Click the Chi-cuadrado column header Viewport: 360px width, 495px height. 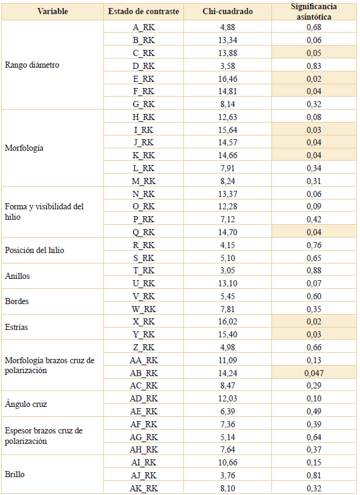(228, 11)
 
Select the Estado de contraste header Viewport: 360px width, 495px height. (143, 11)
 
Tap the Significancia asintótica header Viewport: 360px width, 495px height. (314, 11)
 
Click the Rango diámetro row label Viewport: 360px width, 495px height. (32, 65)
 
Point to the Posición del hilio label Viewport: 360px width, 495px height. (34, 250)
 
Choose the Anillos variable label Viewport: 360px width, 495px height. (17, 276)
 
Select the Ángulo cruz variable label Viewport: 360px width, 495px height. (26, 404)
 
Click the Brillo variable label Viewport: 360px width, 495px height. (15, 474)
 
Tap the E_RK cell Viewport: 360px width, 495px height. (143, 79)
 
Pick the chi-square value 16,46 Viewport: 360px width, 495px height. (228, 79)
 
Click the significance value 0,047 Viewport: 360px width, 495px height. (314, 373)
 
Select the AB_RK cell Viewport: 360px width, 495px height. (143, 373)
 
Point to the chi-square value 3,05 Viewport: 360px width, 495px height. (228, 270)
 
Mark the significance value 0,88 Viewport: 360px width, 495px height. (314, 270)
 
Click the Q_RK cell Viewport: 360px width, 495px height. (143, 232)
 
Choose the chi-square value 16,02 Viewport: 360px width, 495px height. (228, 321)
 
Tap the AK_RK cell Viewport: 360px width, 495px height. (143, 488)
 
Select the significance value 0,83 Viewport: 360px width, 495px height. (314, 66)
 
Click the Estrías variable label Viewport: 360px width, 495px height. (17, 327)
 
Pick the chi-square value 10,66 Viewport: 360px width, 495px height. (228, 462)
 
